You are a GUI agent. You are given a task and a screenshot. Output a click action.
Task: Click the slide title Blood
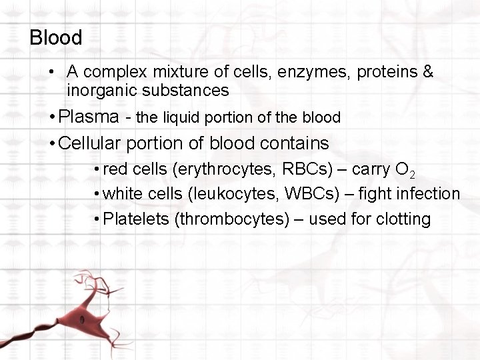point(56,37)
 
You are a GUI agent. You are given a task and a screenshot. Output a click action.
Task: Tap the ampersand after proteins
point(428,72)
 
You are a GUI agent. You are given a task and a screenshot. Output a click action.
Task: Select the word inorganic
point(97,90)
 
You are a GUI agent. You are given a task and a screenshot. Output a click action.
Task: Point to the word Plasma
point(88,117)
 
